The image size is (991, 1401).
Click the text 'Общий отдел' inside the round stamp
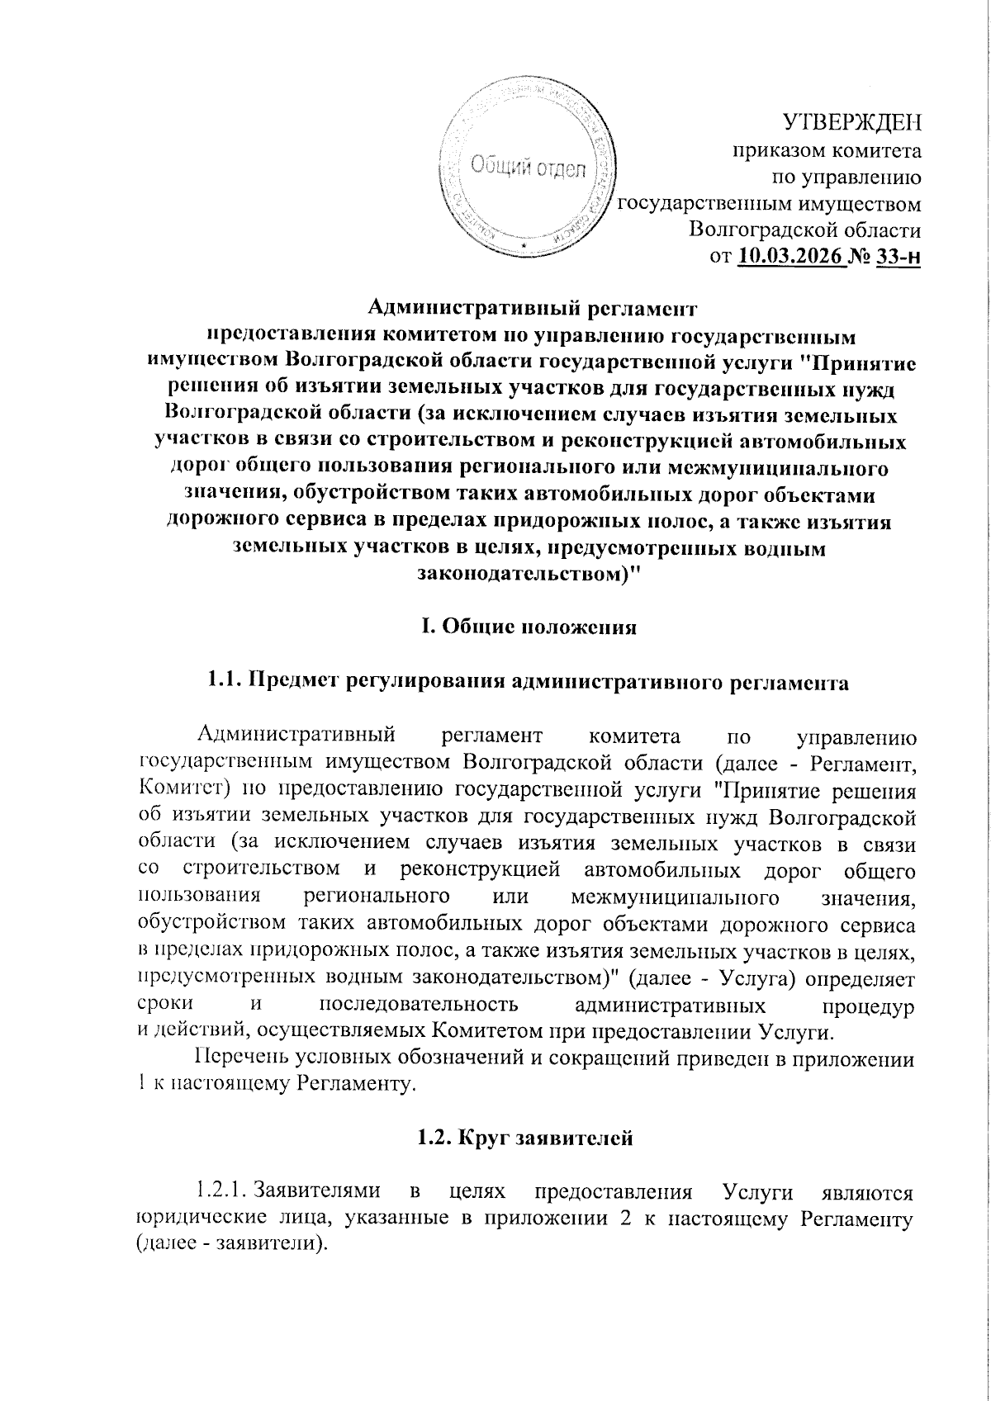tap(529, 168)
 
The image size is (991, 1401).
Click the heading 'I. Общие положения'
tap(529, 626)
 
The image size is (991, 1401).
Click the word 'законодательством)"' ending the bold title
tap(529, 573)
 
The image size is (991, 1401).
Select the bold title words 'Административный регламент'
tap(529, 310)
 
